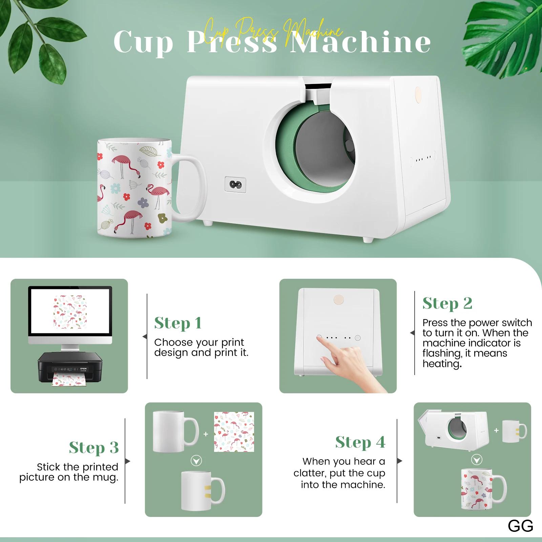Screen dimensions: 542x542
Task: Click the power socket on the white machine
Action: [235, 185]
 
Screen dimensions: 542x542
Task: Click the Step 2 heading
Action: [447, 303]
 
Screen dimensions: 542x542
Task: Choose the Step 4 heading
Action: [360, 442]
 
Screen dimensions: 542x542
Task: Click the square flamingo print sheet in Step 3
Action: [234, 432]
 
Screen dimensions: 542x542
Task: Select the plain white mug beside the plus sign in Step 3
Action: [175, 431]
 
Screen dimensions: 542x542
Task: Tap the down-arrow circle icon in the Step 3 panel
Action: [196, 461]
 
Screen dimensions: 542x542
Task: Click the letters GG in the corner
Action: [521, 526]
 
